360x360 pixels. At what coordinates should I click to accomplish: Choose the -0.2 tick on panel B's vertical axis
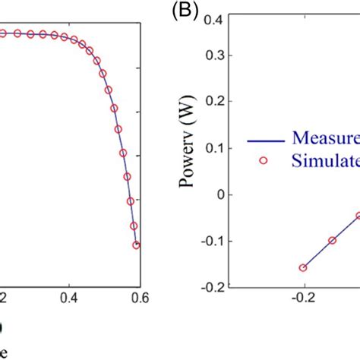pyautogui.click(x=220, y=287)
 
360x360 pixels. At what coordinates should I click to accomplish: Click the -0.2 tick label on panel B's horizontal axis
pyautogui.click(x=304, y=298)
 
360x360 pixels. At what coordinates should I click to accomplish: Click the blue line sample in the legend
pyautogui.click(x=263, y=140)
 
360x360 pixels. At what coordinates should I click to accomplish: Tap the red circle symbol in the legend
pyautogui.click(x=263, y=161)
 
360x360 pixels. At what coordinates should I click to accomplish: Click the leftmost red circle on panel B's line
pyautogui.click(x=304, y=267)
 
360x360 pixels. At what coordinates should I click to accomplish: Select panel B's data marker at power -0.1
pyautogui.click(x=332, y=241)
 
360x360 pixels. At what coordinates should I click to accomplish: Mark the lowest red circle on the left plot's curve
pyautogui.click(x=137, y=245)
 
